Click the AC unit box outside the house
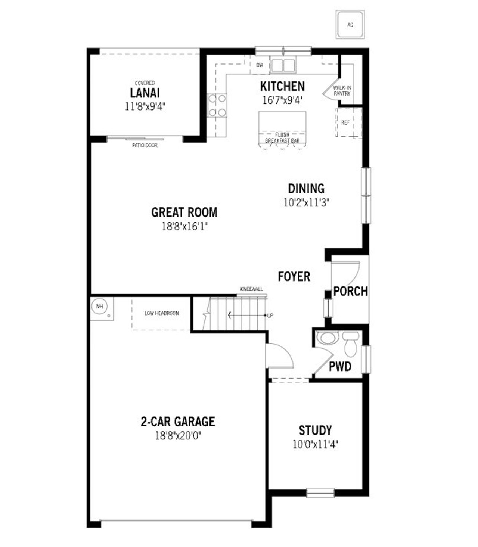[350, 25]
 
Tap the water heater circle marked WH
[99, 307]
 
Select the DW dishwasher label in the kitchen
[260, 65]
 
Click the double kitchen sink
[283, 66]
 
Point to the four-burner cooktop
[217, 106]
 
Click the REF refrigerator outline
[346, 122]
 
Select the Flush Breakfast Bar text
[282, 137]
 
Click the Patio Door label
[145, 145]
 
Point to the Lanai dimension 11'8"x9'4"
[145, 107]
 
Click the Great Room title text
[184, 212]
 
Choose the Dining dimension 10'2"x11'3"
[306, 203]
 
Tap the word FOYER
[294, 277]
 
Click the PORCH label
[350, 291]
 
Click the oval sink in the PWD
[328, 338]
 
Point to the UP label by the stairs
[270, 316]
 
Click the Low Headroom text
[162, 313]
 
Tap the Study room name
[315, 431]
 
